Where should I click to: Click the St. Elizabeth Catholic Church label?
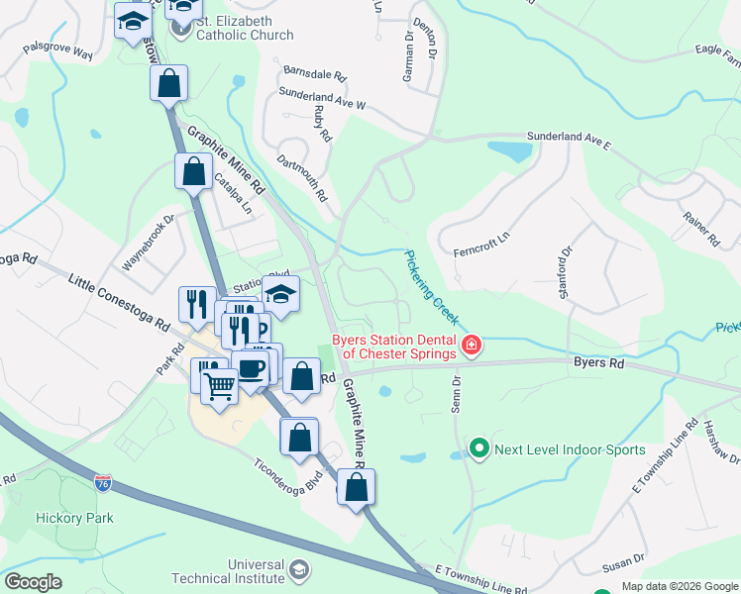[x=245, y=29]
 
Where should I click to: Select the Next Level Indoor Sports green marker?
[x=479, y=449]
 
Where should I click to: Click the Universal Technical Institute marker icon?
[x=300, y=570]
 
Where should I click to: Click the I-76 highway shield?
[x=103, y=483]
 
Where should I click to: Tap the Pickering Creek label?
[x=432, y=288]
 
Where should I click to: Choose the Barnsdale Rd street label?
[x=315, y=74]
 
